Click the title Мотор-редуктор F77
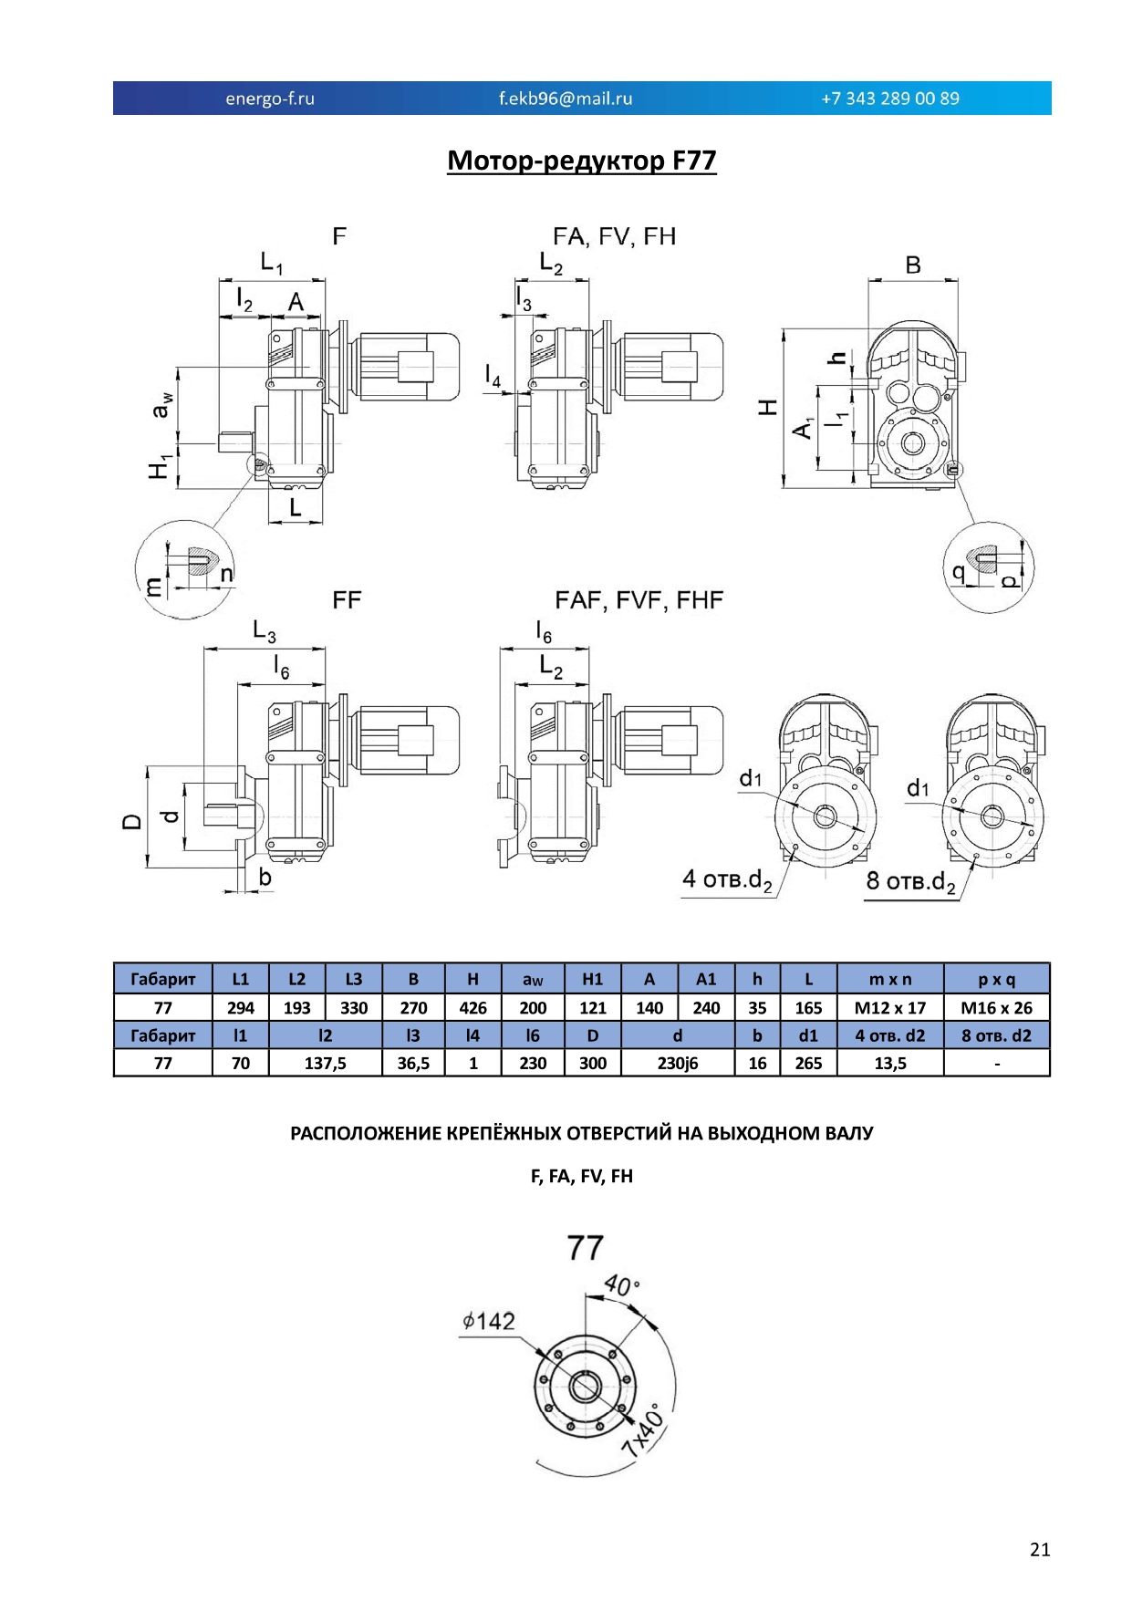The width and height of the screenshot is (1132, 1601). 582,161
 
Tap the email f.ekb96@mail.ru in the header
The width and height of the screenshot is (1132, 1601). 566,99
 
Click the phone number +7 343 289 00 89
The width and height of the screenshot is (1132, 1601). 890,99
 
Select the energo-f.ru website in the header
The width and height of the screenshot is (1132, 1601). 270,99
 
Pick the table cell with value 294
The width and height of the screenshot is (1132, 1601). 241,1008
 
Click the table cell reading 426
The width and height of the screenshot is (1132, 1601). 473,1008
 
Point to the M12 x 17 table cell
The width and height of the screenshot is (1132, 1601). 890,1008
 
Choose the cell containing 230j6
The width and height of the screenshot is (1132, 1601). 678,1064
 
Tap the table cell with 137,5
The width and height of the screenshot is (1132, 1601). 326,1064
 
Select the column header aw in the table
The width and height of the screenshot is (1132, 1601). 533,980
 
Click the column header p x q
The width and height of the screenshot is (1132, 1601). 997,980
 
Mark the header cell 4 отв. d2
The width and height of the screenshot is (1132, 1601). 890,1035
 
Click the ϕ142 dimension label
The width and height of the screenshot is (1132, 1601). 489,1321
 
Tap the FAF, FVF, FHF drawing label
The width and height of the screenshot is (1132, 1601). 639,600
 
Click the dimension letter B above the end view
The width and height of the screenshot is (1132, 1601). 913,265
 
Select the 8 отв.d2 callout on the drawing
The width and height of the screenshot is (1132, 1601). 910,882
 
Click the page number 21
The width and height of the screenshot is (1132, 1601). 1040,1549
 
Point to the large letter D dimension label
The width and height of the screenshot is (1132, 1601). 132,822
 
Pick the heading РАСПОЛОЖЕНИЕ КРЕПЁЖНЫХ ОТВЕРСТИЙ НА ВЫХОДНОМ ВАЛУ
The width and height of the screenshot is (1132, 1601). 582,1134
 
